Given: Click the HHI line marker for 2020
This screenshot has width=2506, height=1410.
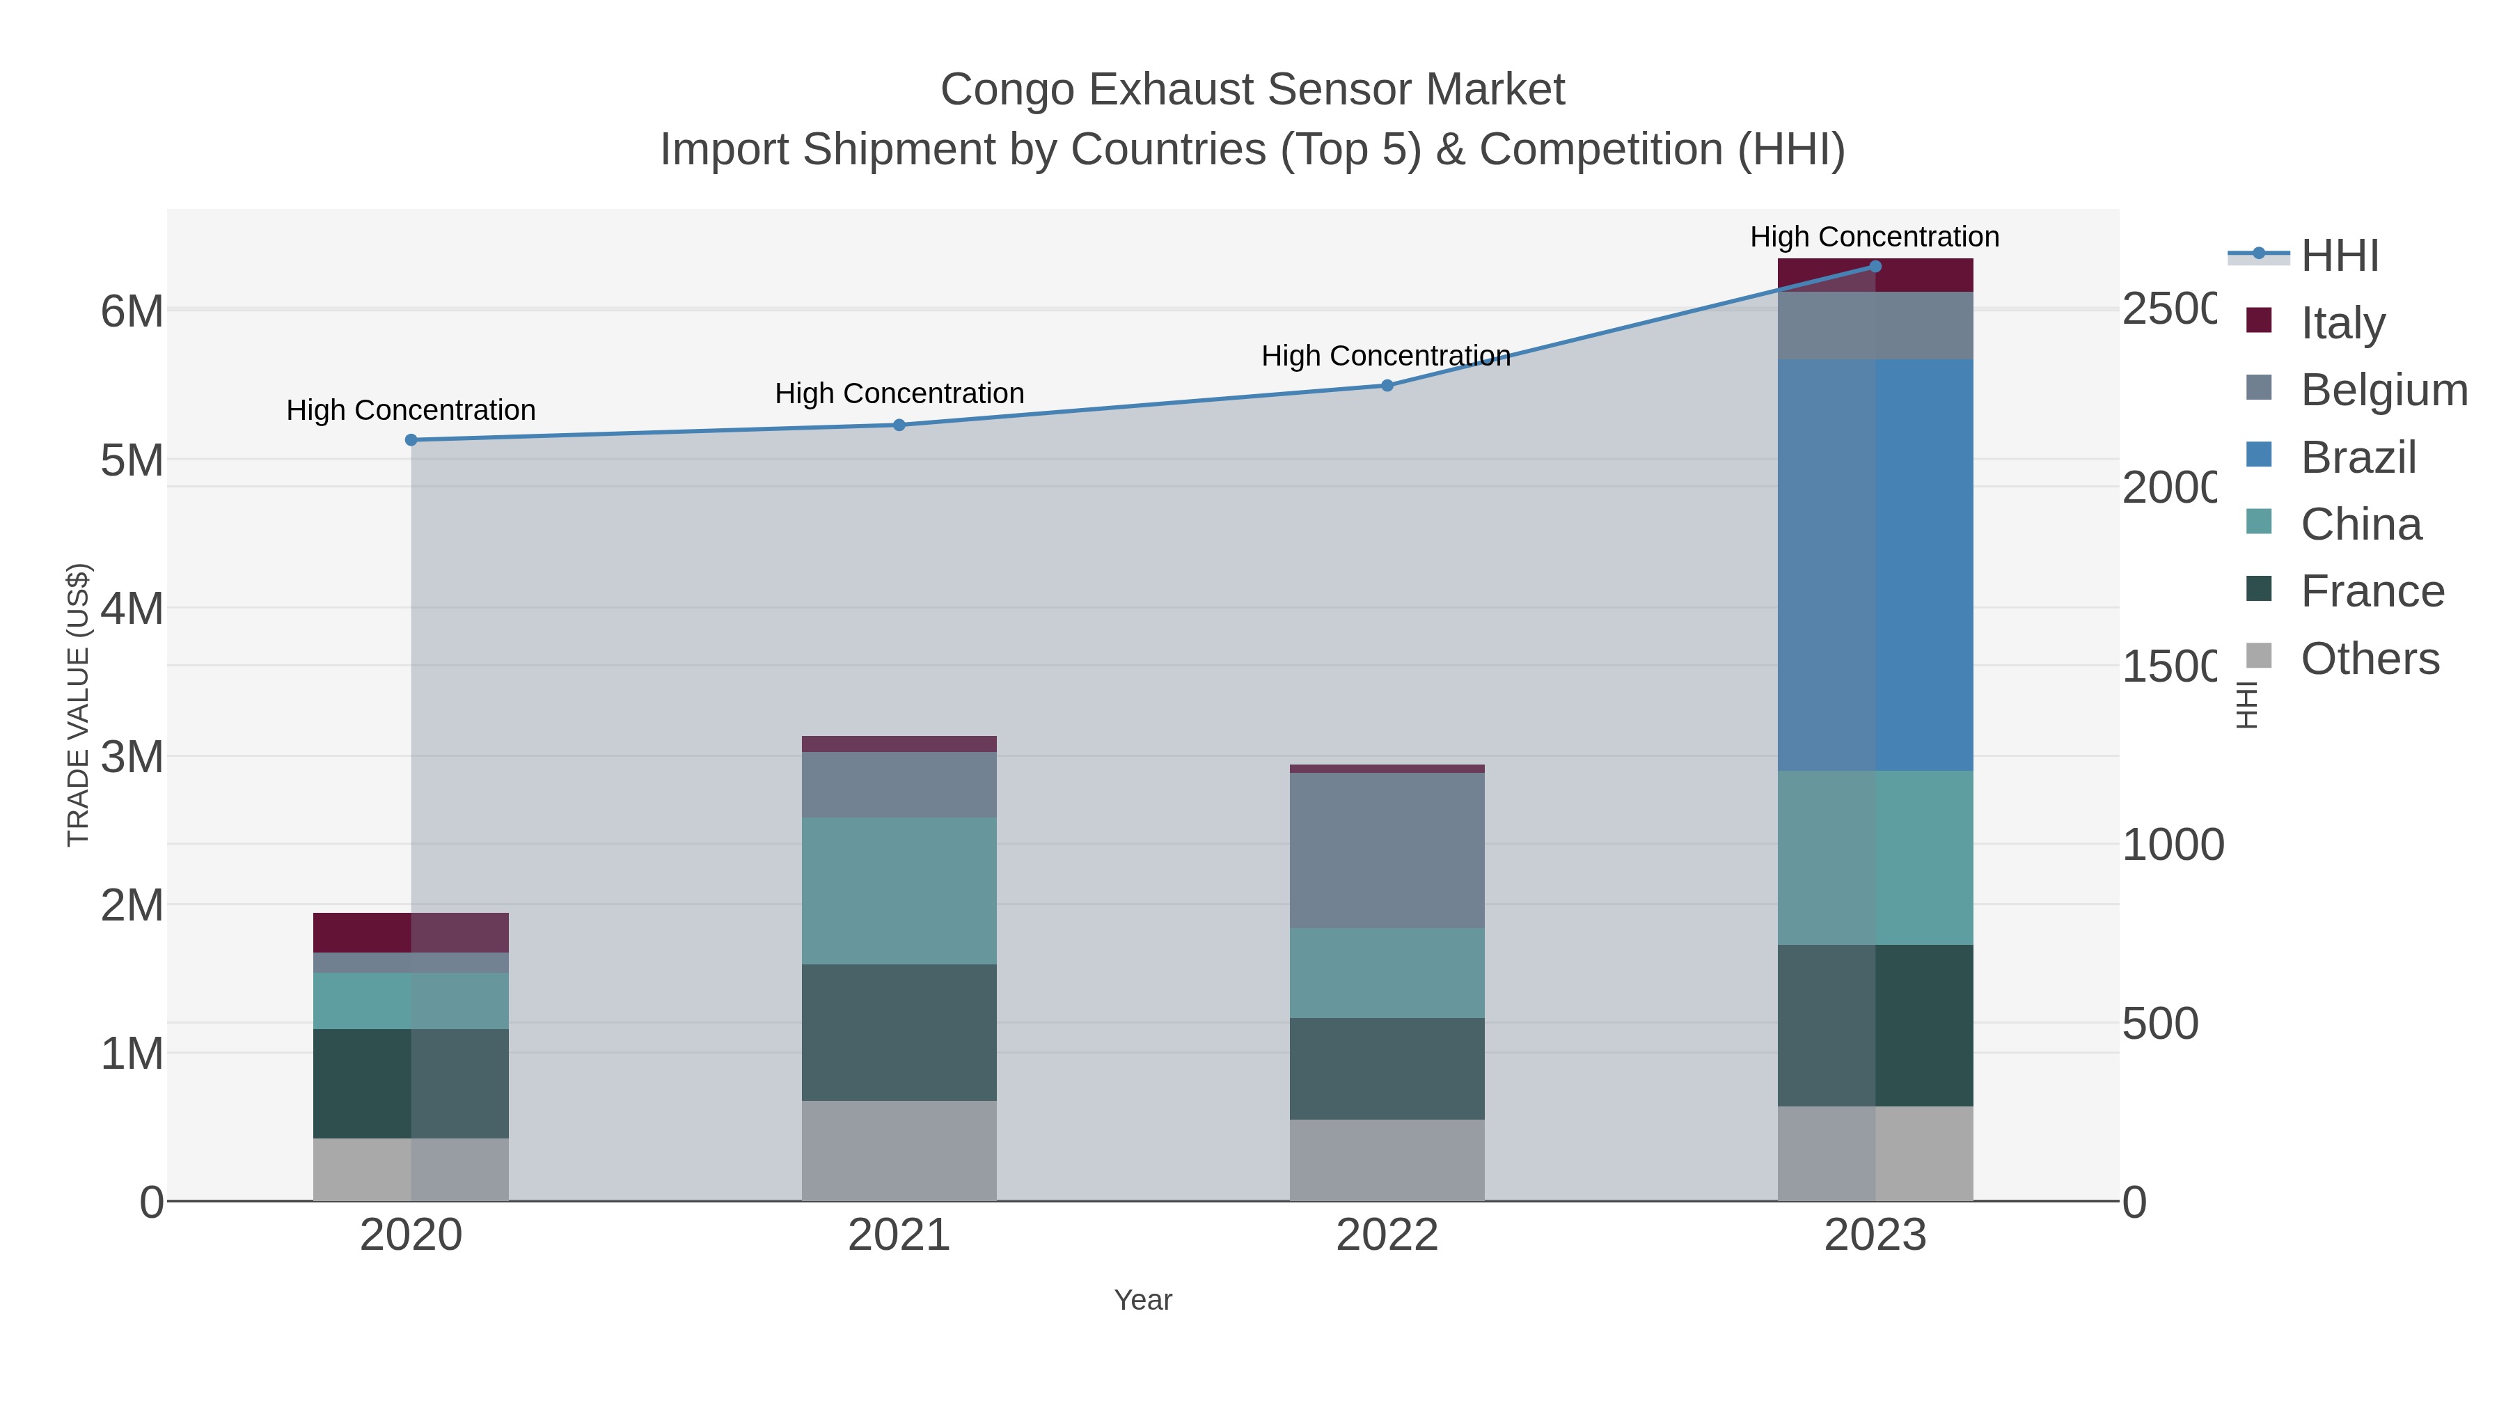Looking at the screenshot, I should pos(411,440).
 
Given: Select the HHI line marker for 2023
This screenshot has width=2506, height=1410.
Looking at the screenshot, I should pos(1875,267).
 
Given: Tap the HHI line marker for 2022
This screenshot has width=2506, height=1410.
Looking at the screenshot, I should pos(1387,385).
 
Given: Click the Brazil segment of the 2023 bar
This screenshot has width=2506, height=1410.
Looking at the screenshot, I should pos(1875,565).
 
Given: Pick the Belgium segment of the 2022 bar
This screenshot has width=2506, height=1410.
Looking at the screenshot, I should pos(1387,850).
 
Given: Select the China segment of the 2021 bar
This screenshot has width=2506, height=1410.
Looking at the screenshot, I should pos(899,891).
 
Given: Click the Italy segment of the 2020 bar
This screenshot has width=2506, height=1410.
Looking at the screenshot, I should pos(411,932).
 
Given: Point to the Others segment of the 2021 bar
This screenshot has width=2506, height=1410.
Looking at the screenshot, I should pos(899,1150).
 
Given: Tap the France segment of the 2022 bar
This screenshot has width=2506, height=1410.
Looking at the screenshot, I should pos(1387,1068).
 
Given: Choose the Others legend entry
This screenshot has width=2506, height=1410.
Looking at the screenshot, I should pos(2369,659).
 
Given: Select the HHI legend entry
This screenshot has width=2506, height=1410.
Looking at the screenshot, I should pos(2340,255).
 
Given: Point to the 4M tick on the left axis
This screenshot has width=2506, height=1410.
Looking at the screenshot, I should pos(132,609).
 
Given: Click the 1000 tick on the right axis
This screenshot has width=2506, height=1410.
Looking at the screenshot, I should pos(2171,845).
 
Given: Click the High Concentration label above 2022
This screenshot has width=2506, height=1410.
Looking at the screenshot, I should pos(1385,356).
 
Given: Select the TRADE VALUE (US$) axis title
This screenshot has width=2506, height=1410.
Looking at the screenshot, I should pos(78,705).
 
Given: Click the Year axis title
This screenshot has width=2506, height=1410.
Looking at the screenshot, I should pos(1142,1300).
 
